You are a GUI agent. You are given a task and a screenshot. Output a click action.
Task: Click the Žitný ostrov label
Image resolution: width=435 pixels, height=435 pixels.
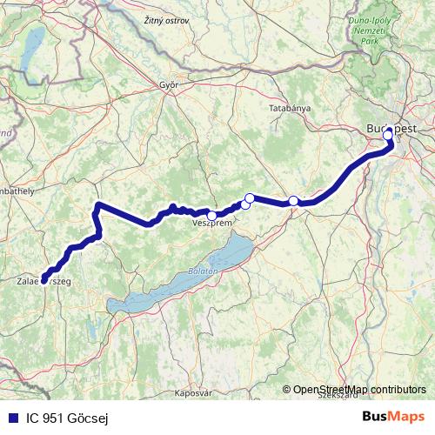(x=166, y=19)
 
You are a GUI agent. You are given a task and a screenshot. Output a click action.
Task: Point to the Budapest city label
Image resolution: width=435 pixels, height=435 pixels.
(x=391, y=127)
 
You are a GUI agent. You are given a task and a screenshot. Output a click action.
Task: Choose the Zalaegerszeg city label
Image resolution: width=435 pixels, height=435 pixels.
(x=43, y=281)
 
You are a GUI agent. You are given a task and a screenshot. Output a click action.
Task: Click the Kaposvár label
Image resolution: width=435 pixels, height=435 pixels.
(x=192, y=393)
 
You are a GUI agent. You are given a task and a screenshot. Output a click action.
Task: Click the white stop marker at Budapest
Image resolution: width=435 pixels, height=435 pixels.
(x=388, y=135)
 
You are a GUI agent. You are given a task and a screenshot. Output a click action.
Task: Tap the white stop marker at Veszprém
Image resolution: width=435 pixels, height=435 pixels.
(x=211, y=215)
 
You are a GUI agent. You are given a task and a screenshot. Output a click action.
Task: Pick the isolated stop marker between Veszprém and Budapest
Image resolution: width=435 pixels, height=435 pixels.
(x=294, y=201)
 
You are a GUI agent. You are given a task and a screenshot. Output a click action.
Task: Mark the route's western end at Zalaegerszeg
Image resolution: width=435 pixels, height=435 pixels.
(x=43, y=281)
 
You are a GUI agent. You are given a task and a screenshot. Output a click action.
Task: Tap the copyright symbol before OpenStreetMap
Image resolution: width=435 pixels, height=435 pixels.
(x=286, y=391)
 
